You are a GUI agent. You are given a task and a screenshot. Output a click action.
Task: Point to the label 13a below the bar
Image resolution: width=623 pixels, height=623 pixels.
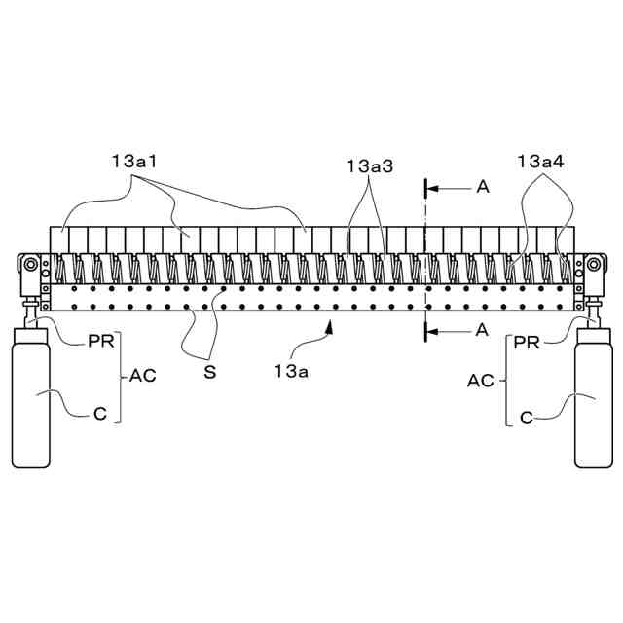click(290, 370)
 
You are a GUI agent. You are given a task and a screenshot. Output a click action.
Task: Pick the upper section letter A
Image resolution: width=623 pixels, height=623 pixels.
click(482, 187)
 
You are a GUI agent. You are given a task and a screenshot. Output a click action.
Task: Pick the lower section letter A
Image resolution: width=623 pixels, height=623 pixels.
click(482, 331)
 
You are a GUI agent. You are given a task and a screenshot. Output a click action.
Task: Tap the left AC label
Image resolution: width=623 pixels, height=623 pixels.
click(143, 374)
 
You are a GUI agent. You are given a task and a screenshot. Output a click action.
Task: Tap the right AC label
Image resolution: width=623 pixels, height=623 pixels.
click(481, 380)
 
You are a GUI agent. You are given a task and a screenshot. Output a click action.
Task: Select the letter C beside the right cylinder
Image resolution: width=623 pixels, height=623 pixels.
click(526, 419)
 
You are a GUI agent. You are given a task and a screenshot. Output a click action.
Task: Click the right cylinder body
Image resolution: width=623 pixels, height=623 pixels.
click(592, 399)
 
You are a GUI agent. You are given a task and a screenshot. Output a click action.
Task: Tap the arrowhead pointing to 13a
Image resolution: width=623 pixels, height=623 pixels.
click(331, 330)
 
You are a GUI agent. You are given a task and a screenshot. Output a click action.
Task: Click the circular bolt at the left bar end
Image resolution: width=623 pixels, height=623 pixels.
click(31, 265)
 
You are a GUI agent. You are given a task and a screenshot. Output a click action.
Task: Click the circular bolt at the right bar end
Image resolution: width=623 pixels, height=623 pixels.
click(592, 265)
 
